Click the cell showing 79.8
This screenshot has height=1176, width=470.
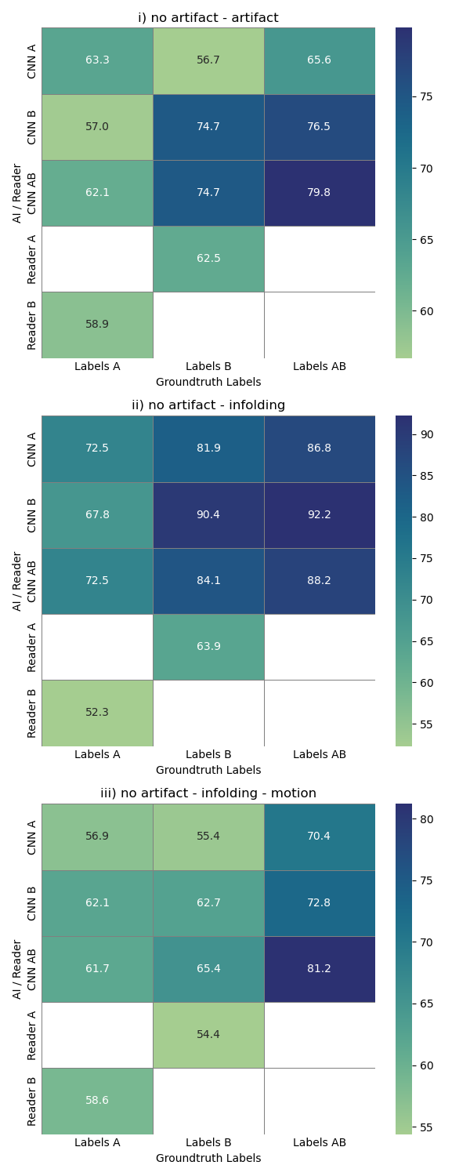coord(320,193)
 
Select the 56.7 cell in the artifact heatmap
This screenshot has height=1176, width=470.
coord(208,60)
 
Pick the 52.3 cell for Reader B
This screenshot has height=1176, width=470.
coord(97,713)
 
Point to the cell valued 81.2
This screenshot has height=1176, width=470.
coord(320,969)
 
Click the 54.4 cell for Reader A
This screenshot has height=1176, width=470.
coord(208,1035)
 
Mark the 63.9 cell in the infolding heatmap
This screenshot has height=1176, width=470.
coord(208,647)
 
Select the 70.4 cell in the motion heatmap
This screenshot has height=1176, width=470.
coord(320,837)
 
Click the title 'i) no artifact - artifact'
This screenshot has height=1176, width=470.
coord(208,18)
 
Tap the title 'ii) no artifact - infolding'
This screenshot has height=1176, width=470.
coord(208,405)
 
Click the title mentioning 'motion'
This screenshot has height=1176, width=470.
coord(208,793)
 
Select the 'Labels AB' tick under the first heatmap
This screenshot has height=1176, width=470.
coord(320,366)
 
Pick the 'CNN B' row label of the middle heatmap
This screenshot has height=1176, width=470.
coord(32,514)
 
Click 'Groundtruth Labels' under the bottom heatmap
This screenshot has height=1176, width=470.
coord(208,1158)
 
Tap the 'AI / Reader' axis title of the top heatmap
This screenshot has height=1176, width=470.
coord(17,193)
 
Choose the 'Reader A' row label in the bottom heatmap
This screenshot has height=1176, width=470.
coord(32,1035)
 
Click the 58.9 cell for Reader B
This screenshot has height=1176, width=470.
coord(97,325)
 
